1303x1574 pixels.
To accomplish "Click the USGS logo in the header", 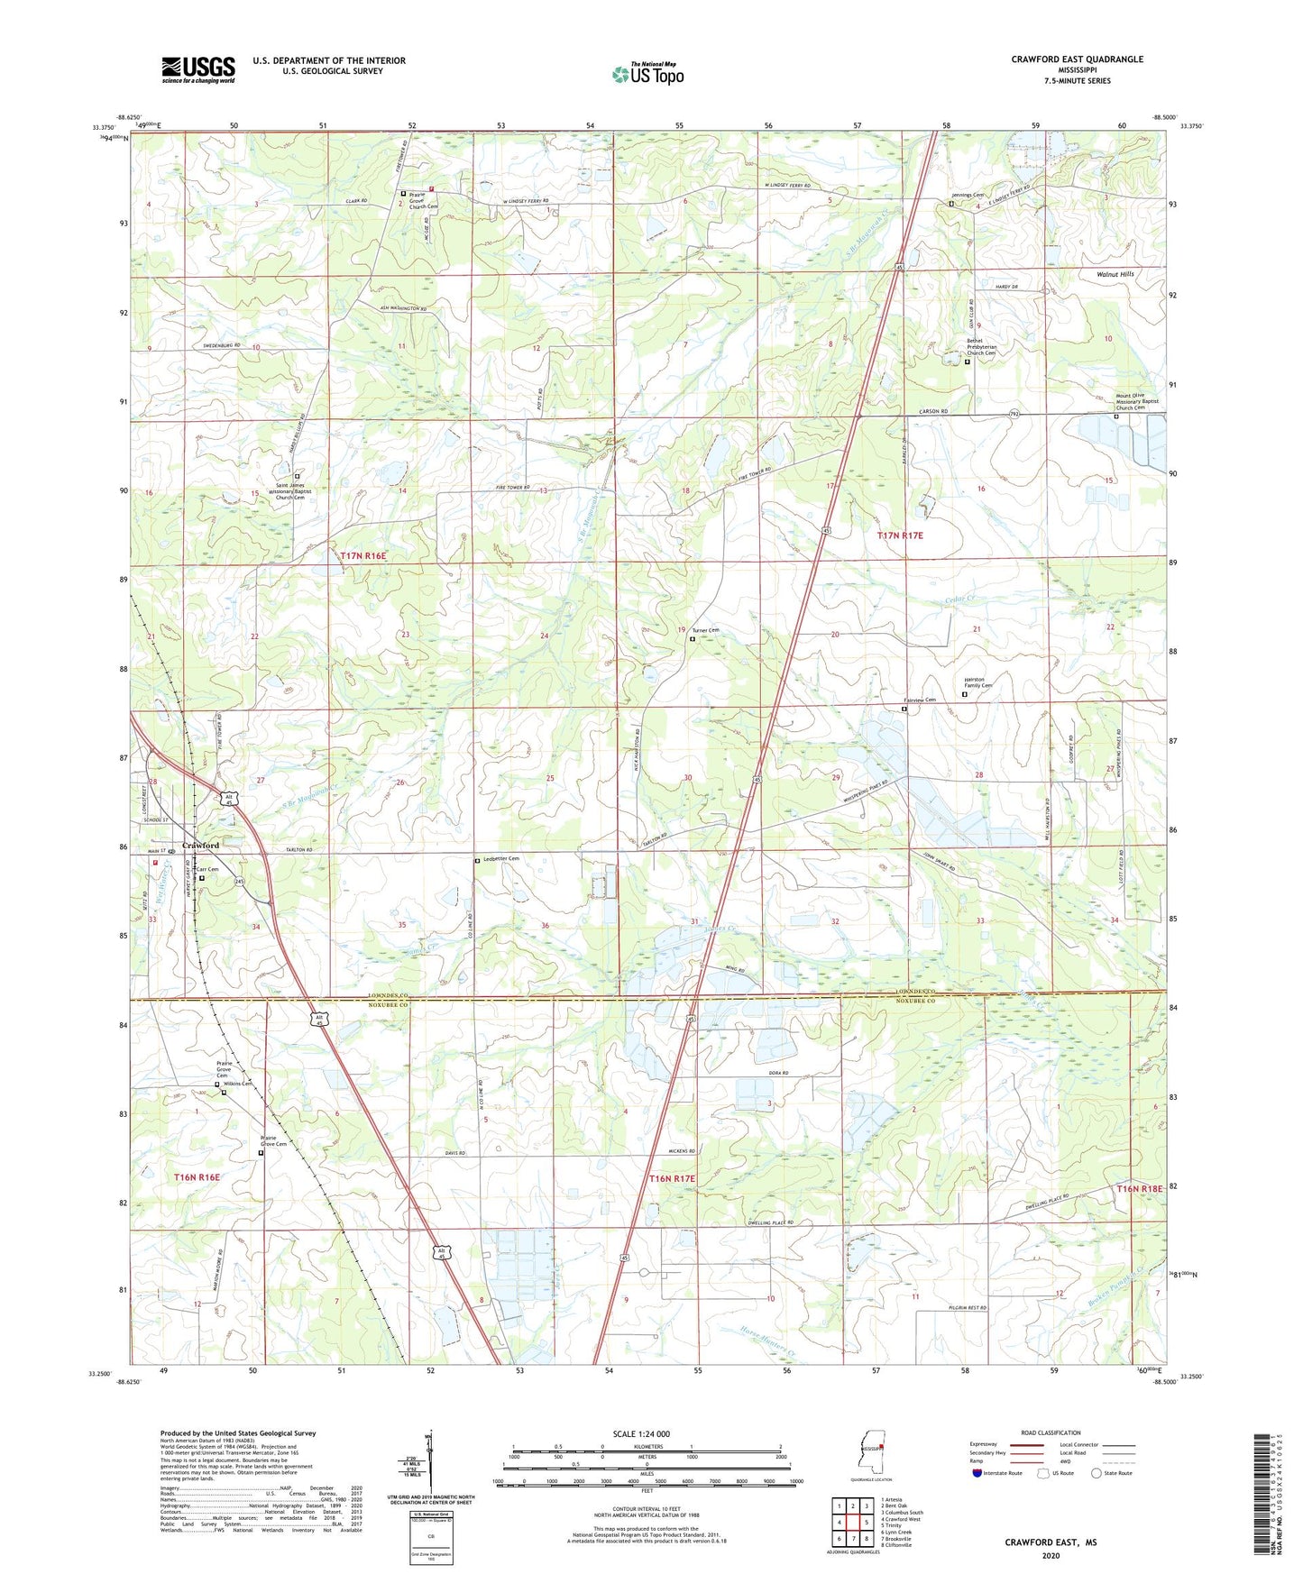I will pyautogui.click(x=197, y=69).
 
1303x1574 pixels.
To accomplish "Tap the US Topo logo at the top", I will pyautogui.click(x=647, y=73).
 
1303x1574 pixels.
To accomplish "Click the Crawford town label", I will pyautogui.click(x=200, y=846).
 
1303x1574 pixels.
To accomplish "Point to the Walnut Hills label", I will pyautogui.click(x=1115, y=274).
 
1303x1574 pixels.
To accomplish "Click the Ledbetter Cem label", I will pyautogui.click(x=500, y=859).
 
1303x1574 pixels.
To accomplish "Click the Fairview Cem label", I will pyautogui.click(x=920, y=700).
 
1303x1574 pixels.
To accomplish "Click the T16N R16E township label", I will pyautogui.click(x=197, y=1177).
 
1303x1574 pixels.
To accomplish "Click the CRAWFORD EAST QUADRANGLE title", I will pyautogui.click(x=1077, y=59).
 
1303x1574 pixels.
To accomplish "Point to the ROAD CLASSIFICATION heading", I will pyautogui.click(x=1051, y=1432).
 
